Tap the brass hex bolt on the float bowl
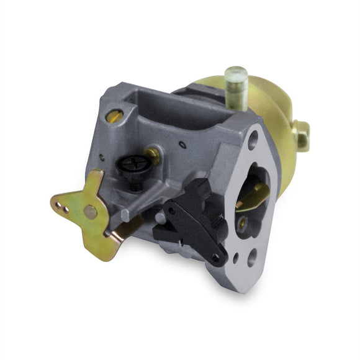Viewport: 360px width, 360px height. (302, 133)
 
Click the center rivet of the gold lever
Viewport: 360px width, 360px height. (91, 212)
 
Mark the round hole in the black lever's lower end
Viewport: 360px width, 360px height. (215, 256)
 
